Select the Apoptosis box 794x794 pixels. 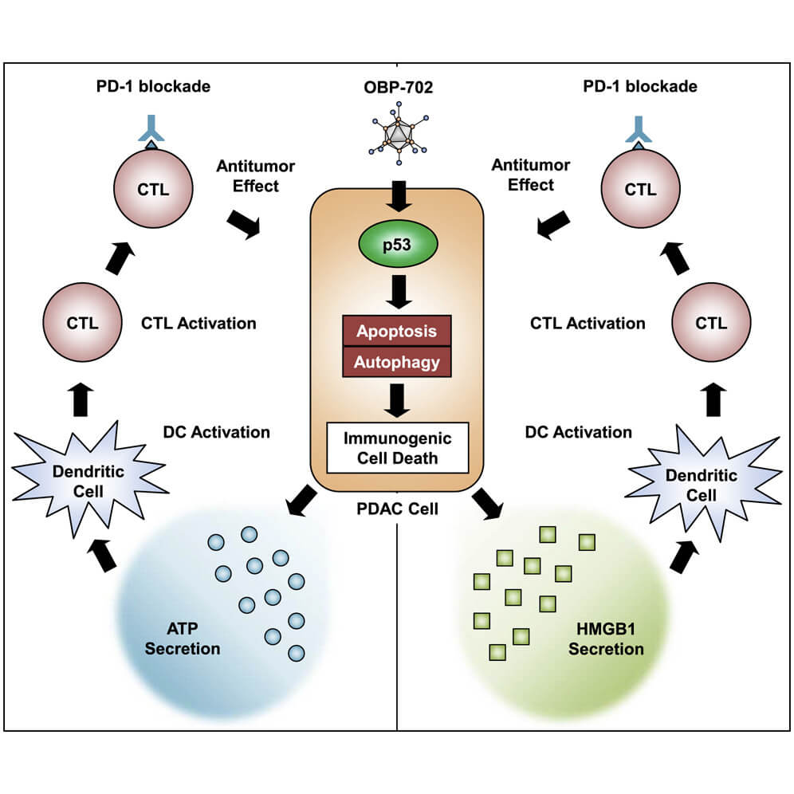pos(396,330)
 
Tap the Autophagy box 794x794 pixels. pos(396,362)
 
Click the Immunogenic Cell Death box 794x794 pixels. pos(396,449)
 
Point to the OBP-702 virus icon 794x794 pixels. pos(396,135)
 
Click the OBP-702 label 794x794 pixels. pos(396,87)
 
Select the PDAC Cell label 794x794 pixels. pos(397,508)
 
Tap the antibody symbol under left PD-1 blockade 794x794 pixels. pos(152,131)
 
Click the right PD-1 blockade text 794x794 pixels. pos(640,87)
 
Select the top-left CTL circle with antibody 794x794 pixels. pos(152,190)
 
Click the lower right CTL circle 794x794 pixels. pos(709,324)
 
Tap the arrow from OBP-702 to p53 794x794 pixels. pos(396,194)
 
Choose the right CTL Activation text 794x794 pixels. pos(588,324)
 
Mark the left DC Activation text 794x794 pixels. pos(215,432)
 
